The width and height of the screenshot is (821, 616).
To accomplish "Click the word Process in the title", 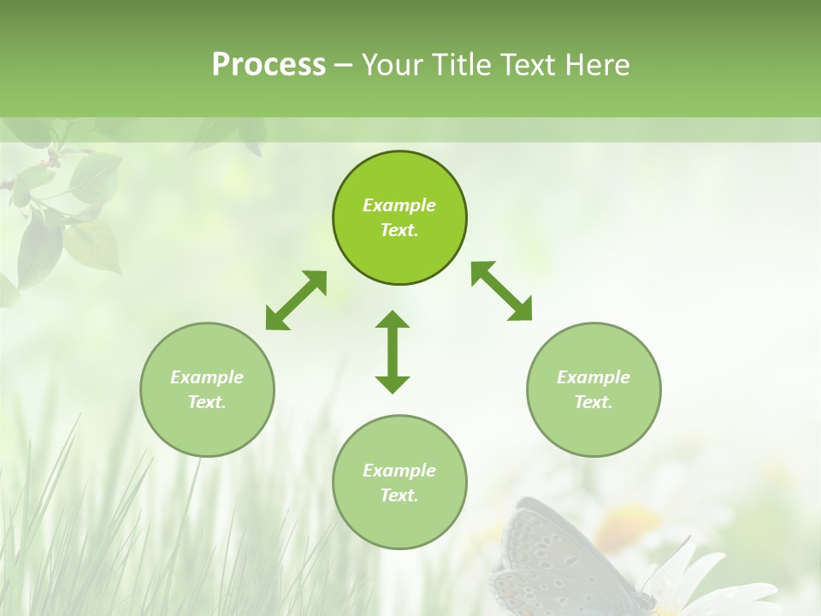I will tap(269, 65).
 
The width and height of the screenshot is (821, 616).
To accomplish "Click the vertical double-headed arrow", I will tap(393, 352).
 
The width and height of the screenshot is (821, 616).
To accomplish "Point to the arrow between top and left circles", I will tap(296, 300).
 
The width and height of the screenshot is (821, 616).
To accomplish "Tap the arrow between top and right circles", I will tap(501, 291).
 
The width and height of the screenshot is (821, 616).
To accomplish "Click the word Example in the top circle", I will tap(399, 205).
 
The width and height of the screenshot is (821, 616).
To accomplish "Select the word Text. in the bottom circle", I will tap(399, 495).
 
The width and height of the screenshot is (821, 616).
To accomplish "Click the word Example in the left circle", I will tap(207, 377).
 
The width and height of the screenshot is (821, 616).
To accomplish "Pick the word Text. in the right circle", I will tap(594, 402).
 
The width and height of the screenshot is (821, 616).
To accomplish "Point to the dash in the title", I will tap(343, 65).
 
